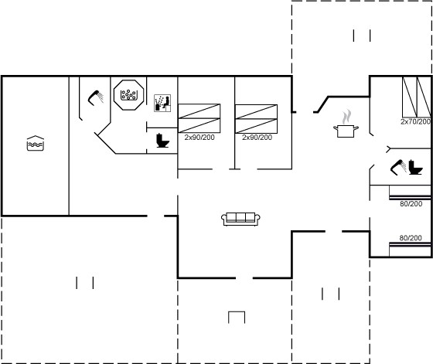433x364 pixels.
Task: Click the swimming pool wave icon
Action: tap(36, 143)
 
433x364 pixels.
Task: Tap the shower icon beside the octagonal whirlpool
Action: tap(96, 97)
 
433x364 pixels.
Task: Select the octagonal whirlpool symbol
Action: tap(128, 95)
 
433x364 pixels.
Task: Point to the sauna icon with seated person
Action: tap(162, 103)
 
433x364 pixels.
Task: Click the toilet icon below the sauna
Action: tap(162, 141)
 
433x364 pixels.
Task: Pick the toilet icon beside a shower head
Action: tap(416, 167)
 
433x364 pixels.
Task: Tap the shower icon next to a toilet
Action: tap(398, 167)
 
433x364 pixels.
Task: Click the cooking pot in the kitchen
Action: tap(346, 131)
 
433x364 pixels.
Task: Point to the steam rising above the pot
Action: tap(346, 117)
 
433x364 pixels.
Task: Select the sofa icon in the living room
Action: tap(240, 219)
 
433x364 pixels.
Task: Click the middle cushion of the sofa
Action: tap(240, 217)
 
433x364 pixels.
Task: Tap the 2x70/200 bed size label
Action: tap(416, 121)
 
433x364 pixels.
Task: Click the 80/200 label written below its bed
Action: tap(411, 204)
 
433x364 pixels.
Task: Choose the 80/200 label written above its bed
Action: tap(411, 237)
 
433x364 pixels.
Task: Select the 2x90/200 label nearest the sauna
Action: tap(199, 137)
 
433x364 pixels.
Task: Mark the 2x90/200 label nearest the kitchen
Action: tap(257, 137)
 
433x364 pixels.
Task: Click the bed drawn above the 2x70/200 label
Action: tap(417, 97)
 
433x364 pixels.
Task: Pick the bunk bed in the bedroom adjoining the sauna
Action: tap(199, 118)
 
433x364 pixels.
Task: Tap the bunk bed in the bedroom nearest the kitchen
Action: tap(256, 119)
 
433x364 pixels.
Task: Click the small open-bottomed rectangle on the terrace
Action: tap(237, 312)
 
